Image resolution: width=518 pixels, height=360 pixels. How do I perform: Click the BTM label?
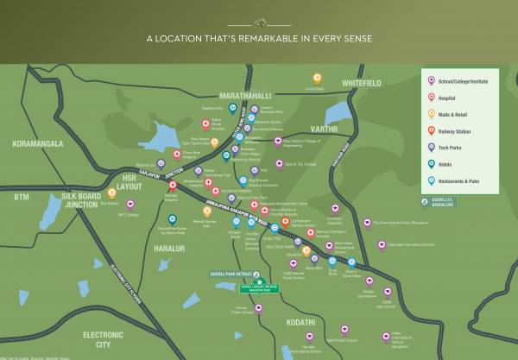point(22,197)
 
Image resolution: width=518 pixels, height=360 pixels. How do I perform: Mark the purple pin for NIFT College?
point(131,205)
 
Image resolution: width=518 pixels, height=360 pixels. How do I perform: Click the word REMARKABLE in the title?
point(260,38)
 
